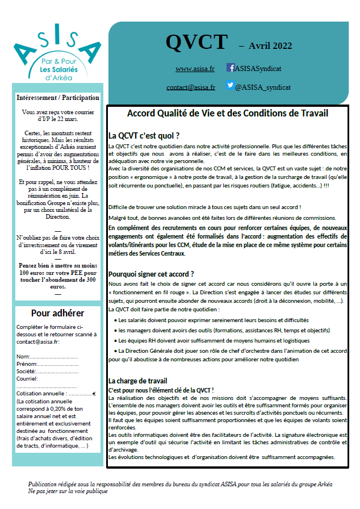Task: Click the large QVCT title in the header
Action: (196, 41)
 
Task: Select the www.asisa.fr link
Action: (195, 69)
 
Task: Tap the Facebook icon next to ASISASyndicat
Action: (231, 68)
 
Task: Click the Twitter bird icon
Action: (230, 86)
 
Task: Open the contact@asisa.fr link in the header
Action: (191, 87)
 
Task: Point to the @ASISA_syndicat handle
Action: (262, 87)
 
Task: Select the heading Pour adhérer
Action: (57, 313)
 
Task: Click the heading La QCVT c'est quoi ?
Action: (144, 136)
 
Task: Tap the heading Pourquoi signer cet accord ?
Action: (151, 273)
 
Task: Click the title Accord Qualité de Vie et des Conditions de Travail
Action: (228, 114)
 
